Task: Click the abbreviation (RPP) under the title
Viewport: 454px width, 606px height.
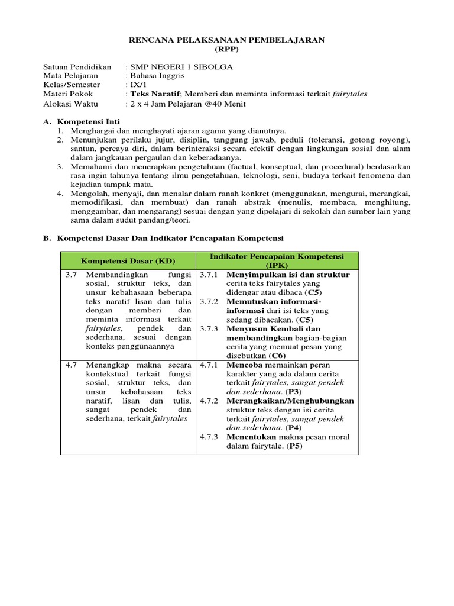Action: (x=227, y=49)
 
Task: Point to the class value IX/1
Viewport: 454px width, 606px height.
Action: (x=136, y=85)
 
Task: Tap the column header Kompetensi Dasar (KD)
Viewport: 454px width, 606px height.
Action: (x=128, y=261)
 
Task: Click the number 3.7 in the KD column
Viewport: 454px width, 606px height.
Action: (x=71, y=275)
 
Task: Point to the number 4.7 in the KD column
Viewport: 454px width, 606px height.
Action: (x=71, y=365)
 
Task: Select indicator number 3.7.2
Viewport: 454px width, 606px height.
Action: (x=209, y=302)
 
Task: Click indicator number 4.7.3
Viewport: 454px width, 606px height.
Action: (x=209, y=437)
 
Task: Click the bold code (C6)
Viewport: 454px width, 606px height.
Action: (x=277, y=356)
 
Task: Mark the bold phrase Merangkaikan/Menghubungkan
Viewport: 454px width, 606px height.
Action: (x=290, y=401)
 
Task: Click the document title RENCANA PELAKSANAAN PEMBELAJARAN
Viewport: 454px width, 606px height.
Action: (x=227, y=40)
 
